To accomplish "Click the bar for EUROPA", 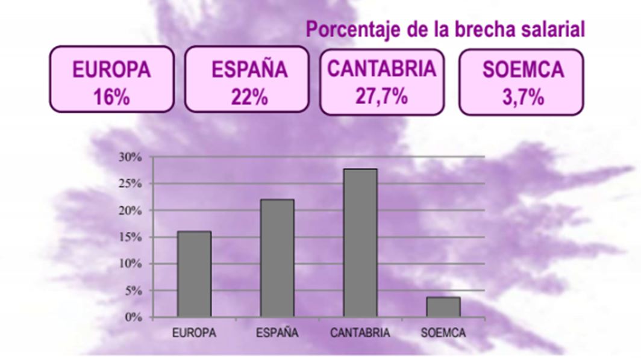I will tap(194, 274).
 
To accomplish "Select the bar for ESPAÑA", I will tap(277, 258).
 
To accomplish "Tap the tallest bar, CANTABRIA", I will tap(360, 243).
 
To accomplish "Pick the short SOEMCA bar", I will tap(443, 307).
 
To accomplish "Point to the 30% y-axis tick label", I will tap(130, 157).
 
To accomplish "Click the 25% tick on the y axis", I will tap(130, 184).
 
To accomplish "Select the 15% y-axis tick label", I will tap(130, 237).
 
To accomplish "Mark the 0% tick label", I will tap(133, 317).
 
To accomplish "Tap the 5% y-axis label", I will tap(133, 291).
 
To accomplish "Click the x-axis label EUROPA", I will tap(194, 333).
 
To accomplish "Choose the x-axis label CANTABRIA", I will tap(360, 333).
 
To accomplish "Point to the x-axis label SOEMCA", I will tap(443, 333).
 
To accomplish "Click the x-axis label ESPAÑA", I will tap(277, 333).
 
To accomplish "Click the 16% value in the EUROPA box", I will tap(111, 97).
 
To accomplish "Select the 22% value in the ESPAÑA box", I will tap(249, 97).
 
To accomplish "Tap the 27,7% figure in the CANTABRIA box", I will tap(381, 95).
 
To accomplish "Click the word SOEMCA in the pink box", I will tap(523, 70).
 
